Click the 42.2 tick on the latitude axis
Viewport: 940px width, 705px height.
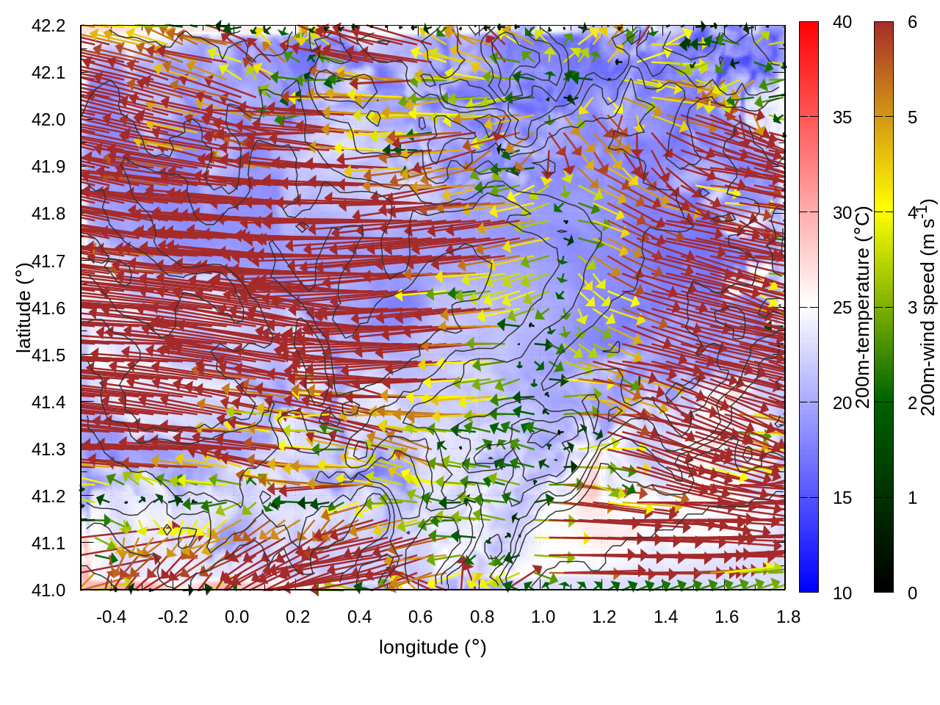[x=48, y=26]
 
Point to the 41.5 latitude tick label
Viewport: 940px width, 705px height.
[x=48, y=355]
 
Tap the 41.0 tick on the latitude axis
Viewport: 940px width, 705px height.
[x=48, y=590]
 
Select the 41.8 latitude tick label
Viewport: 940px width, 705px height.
[x=48, y=214]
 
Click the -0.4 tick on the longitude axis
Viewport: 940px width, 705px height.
[x=112, y=617]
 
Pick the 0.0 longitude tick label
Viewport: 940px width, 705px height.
[x=236, y=617]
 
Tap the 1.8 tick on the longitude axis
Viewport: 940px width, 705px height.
[x=788, y=617]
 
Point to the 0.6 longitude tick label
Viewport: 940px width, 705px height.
[x=420, y=617]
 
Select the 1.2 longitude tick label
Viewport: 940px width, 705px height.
[x=604, y=617]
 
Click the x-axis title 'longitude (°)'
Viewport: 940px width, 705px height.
[x=433, y=647]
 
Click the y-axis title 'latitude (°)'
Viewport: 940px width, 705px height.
[x=24, y=308]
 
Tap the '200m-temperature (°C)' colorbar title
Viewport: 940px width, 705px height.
[x=863, y=307]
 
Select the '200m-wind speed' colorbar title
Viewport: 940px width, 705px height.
[x=928, y=307]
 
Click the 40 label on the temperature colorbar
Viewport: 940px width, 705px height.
[x=842, y=22]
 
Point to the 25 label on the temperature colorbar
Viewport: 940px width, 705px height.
[x=842, y=307]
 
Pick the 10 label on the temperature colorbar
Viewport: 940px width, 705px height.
[x=842, y=593]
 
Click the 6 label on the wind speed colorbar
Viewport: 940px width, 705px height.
[x=912, y=22]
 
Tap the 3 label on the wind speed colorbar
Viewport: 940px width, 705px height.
[x=912, y=307]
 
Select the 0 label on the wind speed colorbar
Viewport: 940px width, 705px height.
[x=912, y=593]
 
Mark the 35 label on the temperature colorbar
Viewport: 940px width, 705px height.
[x=842, y=117]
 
